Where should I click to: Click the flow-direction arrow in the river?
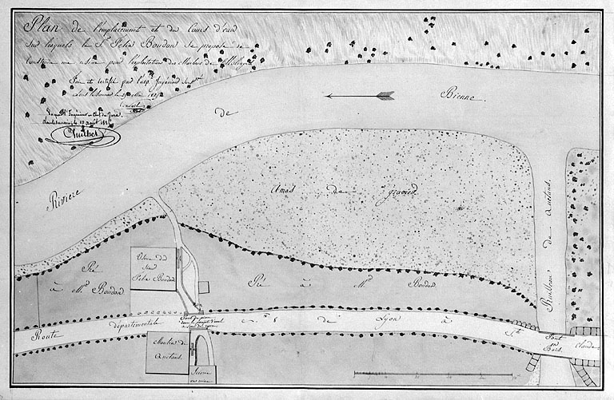point(360,96)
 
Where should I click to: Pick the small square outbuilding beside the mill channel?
point(204,286)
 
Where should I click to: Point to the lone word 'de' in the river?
point(230,113)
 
